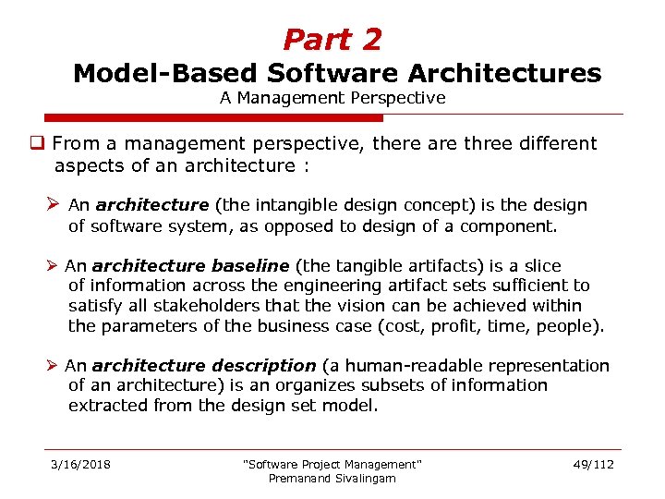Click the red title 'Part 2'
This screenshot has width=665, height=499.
[332, 40]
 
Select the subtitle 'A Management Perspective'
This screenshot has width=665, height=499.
[332, 97]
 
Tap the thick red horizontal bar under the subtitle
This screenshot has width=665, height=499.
[212, 118]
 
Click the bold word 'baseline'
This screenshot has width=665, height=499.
[251, 266]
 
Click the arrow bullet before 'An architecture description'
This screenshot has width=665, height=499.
[55, 366]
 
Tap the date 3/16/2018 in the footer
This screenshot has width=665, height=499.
[80, 464]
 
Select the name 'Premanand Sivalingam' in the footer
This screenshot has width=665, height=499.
[332, 478]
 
